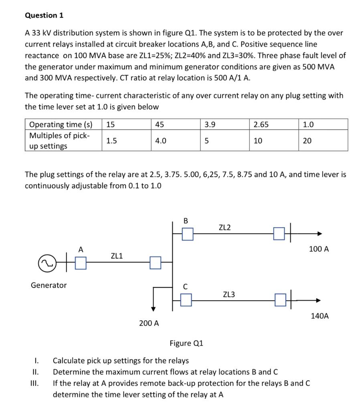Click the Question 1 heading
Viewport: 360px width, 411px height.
[44, 15]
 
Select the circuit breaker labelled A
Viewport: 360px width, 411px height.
[81, 263]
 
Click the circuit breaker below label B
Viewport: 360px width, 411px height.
[187, 234]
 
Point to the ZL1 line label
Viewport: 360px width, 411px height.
[117, 256]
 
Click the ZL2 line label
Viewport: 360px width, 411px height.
[225, 228]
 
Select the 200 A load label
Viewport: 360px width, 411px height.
[149, 323]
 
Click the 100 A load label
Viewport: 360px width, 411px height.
[319, 249]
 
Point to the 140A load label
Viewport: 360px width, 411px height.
[320, 316]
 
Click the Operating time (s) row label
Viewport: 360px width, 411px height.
[61, 124]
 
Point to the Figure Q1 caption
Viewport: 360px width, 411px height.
[186, 343]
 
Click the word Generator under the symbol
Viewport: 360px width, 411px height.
[49, 285]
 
